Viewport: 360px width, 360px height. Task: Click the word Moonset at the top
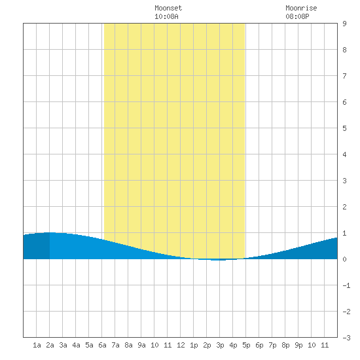tap(168, 8)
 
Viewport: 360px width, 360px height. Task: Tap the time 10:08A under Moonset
tap(166, 16)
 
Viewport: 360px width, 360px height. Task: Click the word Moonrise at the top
tap(301, 8)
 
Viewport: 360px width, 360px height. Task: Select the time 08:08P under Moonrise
tap(297, 16)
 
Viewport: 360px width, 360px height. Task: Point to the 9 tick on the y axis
tap(344, 24)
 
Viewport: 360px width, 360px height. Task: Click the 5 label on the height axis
tap(344, 128)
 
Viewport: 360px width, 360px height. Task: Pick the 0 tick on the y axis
tap(344, 259)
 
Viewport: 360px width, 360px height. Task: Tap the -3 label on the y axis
tap(346, 338)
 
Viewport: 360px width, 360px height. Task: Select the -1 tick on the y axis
tap(346, 285)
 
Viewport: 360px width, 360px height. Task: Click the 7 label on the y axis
tap(344, 76)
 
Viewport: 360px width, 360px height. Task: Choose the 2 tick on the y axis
tap(344, 207)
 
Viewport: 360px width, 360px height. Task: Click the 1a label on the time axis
tap(37, 345)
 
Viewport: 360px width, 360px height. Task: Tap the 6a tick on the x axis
tap(102, 345)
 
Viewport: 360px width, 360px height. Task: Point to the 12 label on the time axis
tap(181, 345)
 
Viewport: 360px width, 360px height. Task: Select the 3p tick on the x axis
tap(220, 345)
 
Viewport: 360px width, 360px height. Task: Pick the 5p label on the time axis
tap(246, 345)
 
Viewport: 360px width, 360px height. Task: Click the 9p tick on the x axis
tap(298, 345)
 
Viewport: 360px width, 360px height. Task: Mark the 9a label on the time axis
tap(141, 345)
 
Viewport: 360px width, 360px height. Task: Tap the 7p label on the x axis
tap(272, 345)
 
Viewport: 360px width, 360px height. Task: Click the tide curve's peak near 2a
tap(50, 232)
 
